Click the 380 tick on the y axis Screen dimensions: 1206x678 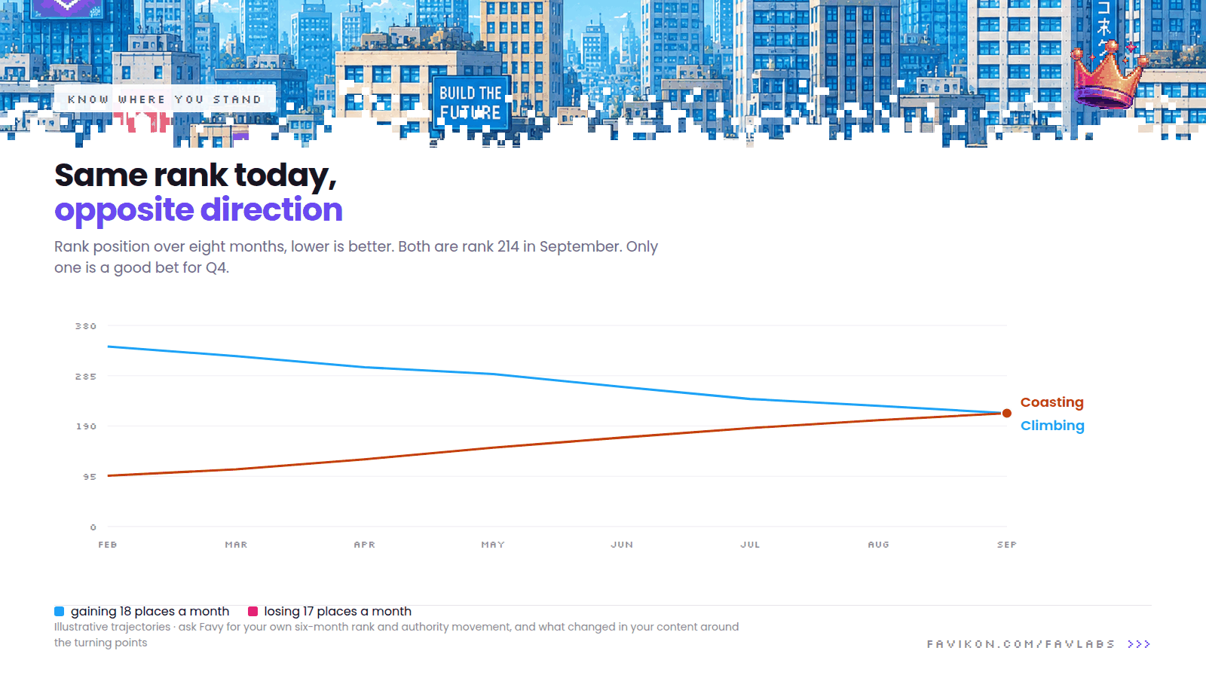(86, 326)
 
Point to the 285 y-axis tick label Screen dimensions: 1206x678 (86, 377)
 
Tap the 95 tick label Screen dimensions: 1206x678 (90, 477)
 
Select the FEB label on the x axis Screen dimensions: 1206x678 (108, 545)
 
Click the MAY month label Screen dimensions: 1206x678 (493, 545)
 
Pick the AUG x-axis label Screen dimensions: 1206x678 (879, 545)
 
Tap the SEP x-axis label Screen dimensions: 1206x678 (1007, 545)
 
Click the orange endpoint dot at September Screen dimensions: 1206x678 (1007, 414)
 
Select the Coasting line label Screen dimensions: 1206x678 (1052, 402)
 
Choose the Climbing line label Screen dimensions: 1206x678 (1052, 426)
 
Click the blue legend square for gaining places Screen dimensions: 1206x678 (60, 611)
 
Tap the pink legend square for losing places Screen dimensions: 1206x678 (253, 611)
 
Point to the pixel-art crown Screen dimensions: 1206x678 (1108, 75)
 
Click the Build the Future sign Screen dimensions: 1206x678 (470, 102)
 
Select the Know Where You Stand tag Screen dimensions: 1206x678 (165, 99)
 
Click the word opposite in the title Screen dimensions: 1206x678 (124, 210)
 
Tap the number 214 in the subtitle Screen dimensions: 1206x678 (508, 246)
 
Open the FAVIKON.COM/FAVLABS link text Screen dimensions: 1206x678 (1021, 644)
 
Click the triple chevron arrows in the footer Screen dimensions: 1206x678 (1139, 644)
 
